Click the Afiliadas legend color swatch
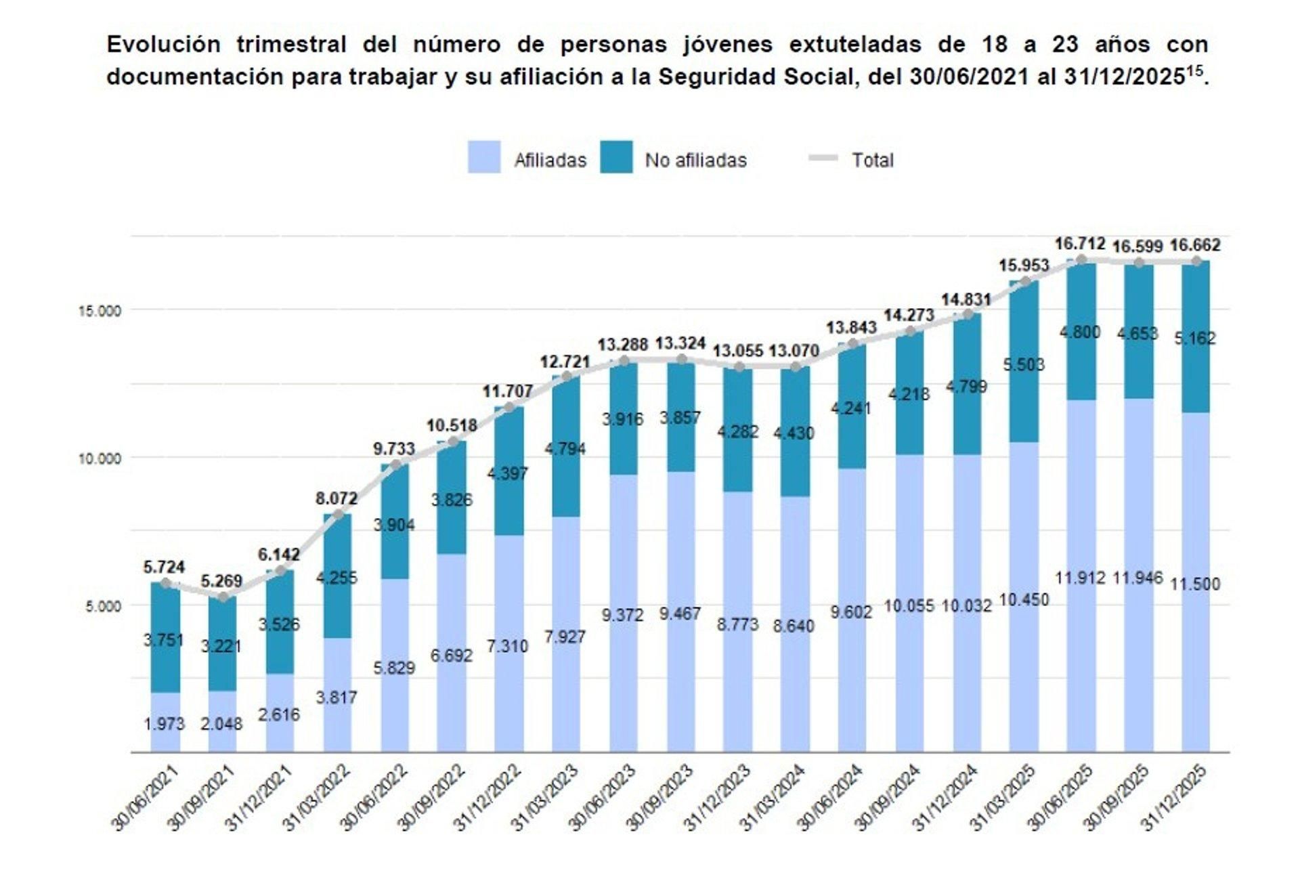(483, 157)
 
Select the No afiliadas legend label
(695, 160)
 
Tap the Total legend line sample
(823, 158)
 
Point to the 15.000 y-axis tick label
(99, 311)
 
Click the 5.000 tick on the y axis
(103, 605)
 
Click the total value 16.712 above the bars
(1079, 244)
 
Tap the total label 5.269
(221, 581)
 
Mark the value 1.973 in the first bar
(164, 724)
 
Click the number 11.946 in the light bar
(1137, 578)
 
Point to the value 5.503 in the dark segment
(1023, 365)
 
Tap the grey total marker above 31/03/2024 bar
(796, 368)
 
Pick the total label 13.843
(851, 328)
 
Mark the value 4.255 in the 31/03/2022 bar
(337, 578)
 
